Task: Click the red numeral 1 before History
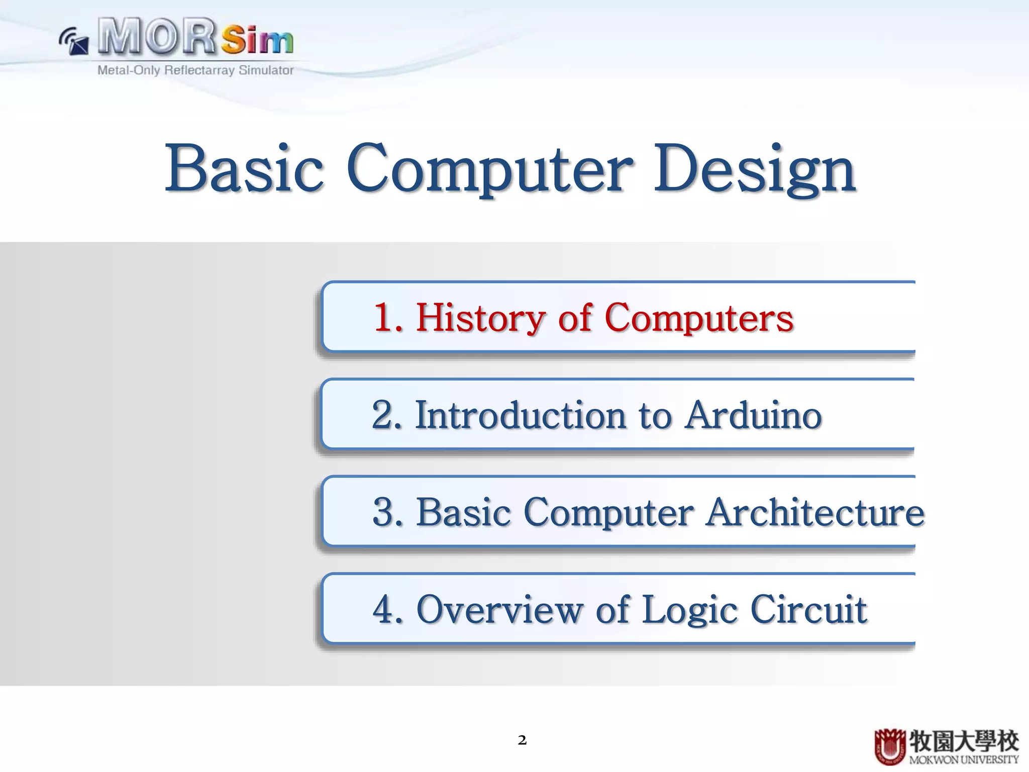pyautogui.click(x=386, y=318)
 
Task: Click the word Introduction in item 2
pyautogui.click(x=521, y=415)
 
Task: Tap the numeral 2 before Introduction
pyautogui.click(x=385, y=415)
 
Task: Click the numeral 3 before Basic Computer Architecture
pyautogui.click(x=386, y=512)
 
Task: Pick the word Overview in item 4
pyautogui.click(x=499, y=609)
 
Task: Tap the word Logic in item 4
pyautogui.click(x=690, y=609)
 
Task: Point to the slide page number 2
pyautogui.click(x=522, y=740)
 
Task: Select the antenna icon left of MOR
pyautogui.click(x=74, y=41)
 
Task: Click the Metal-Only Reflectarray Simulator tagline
pyautogui.click(x=195, y=70)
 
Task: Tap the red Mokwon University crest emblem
pyautogui.click(x=890, y=746)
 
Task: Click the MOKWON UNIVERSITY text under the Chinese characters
pyautogui.click(x=964, y=760)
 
